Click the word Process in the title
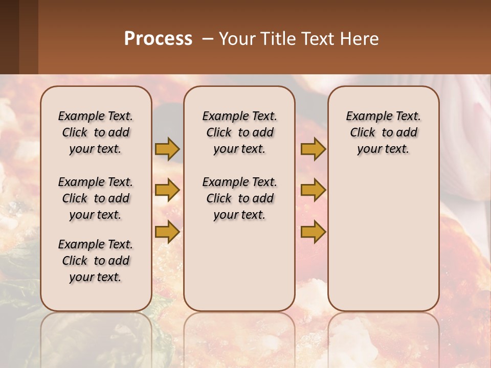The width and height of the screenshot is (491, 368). tap(158, 39)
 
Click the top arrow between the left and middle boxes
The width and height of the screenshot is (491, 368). tap(167, 149)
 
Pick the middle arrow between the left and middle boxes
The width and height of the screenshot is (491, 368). tap(167, 190)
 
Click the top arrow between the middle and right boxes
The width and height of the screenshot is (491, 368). tap(313, 149)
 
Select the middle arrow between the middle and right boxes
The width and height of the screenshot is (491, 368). tap(313, 190)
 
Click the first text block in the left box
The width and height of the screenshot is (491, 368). tap(96, 132)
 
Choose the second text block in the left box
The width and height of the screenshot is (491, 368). tap(96, 198)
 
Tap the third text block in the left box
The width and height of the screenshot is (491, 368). tap(96, 261)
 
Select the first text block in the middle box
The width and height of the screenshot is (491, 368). tap(240, 132)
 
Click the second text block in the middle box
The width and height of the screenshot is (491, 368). tap(240, 198)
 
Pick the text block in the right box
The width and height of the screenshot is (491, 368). tap(384, 132)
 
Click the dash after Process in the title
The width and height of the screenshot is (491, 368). tap(208, 39)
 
